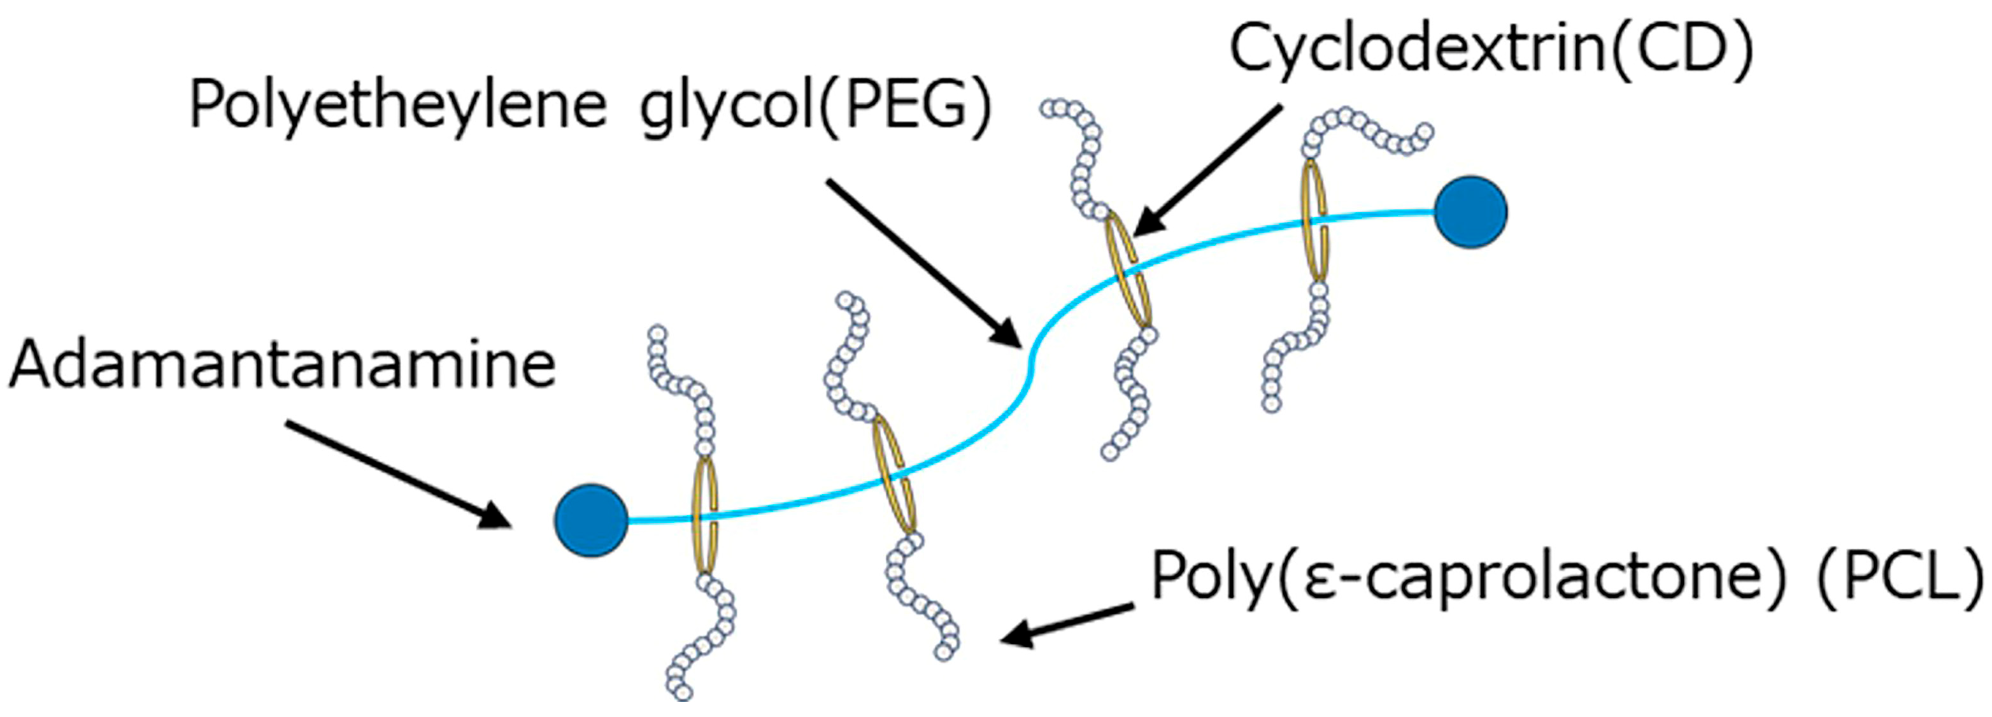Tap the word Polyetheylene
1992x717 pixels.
[x=397, y=106]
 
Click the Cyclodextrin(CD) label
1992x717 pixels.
[x=1491, y=48]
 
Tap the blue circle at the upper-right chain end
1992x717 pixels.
[x=1470, y=212]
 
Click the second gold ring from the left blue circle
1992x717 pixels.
[x=894, y=474]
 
